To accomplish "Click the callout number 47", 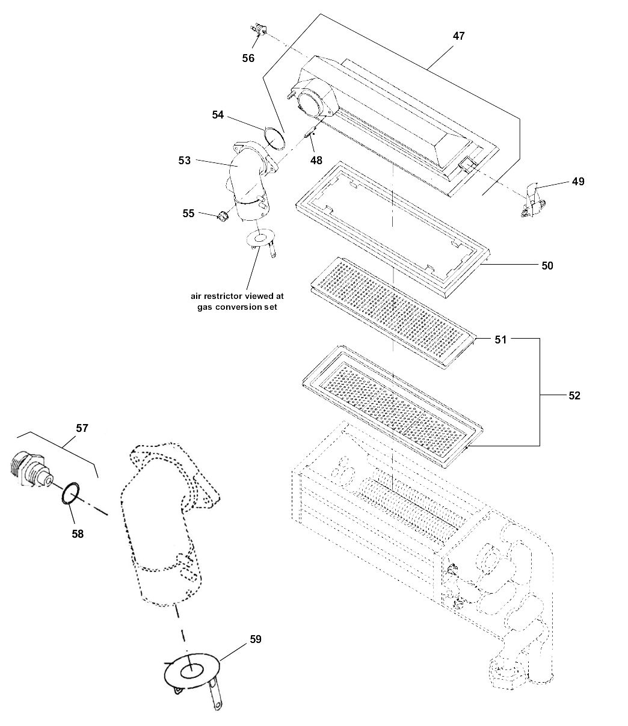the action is (x=459, y=36).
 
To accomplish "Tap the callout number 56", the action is (x=248, y=58).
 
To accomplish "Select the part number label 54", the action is (x=218, y=115).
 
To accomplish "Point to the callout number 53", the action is (x=185, y=161).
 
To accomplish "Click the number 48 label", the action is (x=316, y=161).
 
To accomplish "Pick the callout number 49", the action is (x=578, y=182).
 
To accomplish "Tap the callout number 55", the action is (x=188, y=213).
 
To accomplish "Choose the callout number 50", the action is (x=547, y=266).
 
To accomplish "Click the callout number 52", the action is (x=574, y=396).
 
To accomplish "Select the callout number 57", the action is (x=82, y=428).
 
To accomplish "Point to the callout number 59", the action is (x=256, y=639).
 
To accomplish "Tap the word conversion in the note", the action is (x=239, y=307).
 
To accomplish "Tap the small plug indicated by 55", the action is (x=223, y=217).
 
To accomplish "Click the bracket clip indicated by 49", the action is (x=534, y=201).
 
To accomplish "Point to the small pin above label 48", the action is (x=309, y=134).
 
